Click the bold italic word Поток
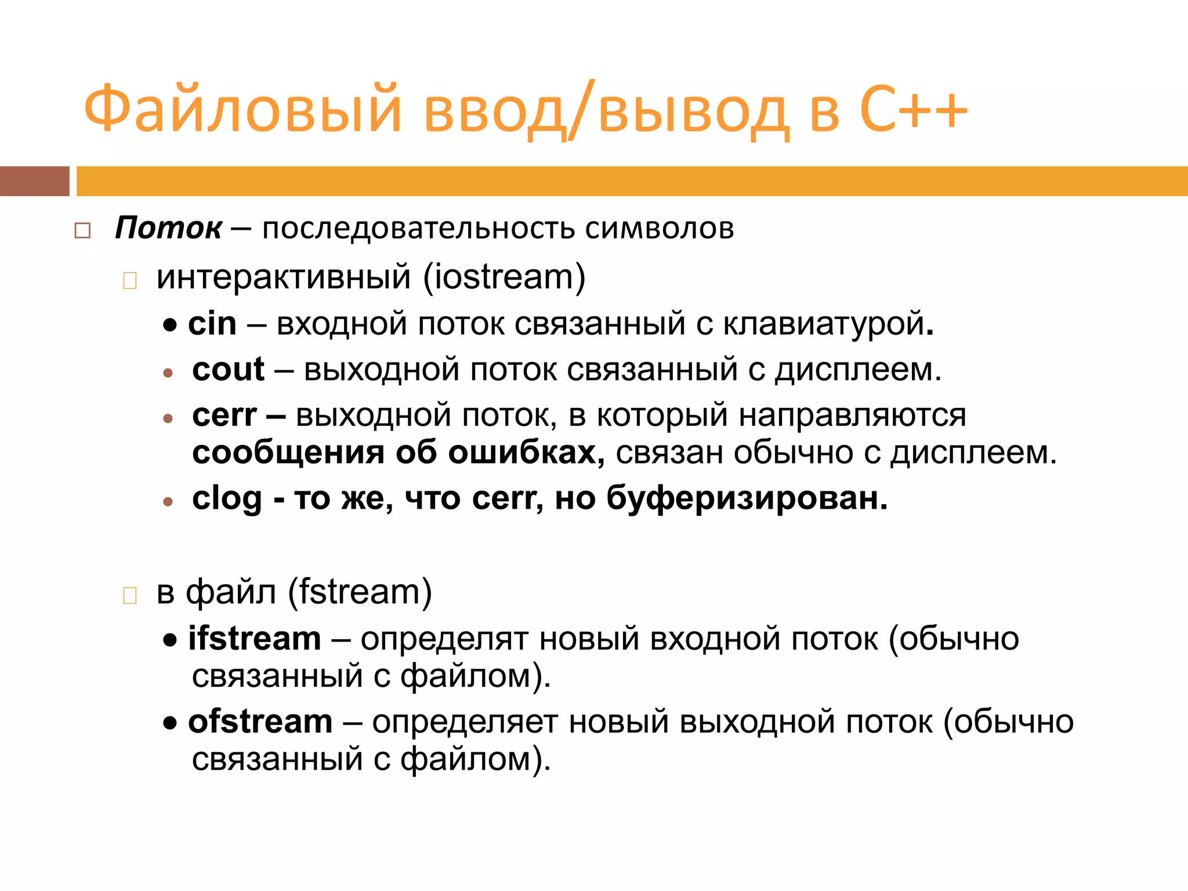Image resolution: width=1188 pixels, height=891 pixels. [x=168, y=227]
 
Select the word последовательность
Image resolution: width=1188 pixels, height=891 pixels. [x=418, y=229]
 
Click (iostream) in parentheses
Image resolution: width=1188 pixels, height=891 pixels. [x=504, y=277]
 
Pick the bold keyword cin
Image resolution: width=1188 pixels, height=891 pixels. [x=212, y=324]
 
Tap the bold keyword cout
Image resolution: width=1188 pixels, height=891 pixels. [x=228, y=370]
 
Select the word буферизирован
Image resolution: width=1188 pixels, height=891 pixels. [x=747, y=498]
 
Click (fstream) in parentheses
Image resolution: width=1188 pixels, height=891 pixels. [x=360, y=592]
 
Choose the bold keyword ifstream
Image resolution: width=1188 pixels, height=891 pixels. [x=254, y=639]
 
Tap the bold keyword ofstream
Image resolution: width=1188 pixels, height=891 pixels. [x=260, y=722]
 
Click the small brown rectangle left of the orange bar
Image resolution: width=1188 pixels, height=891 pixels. [x=34, y=181]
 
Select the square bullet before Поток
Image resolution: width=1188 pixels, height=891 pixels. [x=82, y=231]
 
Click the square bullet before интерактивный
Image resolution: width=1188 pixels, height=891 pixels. [x=130, y=281]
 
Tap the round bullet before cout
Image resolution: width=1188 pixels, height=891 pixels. [x=168, y=373]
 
